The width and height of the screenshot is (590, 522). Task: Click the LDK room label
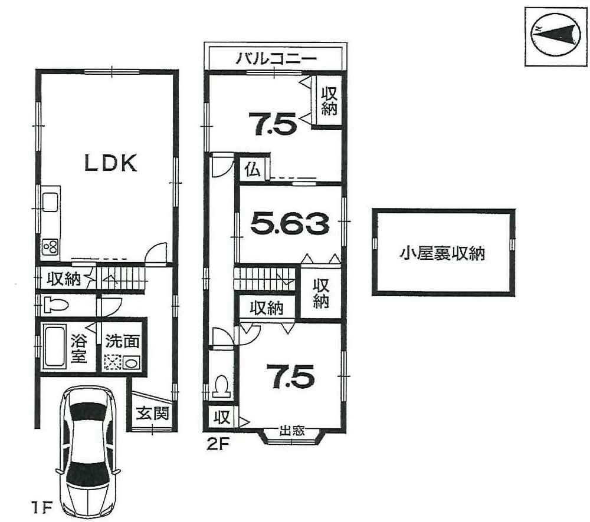[x=110, y=163]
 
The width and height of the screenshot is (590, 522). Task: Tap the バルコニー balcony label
[x=277, y=59]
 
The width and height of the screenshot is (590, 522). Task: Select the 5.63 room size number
[x=290, y=223]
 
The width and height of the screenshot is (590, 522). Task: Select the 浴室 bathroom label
[x=79, y=349]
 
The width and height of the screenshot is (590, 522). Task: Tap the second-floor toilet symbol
[x=221, y=386]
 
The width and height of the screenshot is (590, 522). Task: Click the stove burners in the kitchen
[x=50, y=247]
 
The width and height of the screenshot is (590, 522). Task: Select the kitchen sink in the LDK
[x=50, y=202]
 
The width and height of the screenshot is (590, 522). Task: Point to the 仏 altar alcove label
[x=253, y=171]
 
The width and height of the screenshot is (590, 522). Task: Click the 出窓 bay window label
[x=292, y=431]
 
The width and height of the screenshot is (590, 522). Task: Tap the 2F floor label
[x=218, y=445]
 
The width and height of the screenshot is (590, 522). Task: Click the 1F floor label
[x=41, y=508]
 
